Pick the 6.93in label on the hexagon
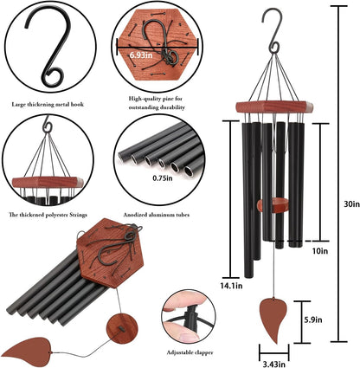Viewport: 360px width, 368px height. [145, 55]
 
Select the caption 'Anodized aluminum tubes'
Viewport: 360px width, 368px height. [160, 214]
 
